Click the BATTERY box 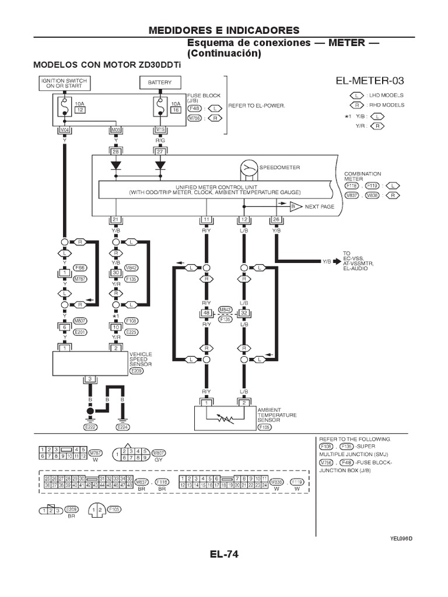pos(160,83)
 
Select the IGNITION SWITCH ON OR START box pos(64,83)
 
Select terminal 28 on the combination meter pos(116,151)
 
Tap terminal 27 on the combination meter pos(160,151)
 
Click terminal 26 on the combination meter pos(276,219)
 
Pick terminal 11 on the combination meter pos(206,219)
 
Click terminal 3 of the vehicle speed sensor pos(89,380)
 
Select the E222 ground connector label pos(89,427)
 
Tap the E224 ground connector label pos(122,427)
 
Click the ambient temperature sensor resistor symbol pos(225,419)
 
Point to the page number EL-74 pos(224,554)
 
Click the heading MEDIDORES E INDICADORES pos(224,30)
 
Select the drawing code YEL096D pos(401,538)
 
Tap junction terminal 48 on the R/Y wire pos(206,312)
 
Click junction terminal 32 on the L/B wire pos(244,312)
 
